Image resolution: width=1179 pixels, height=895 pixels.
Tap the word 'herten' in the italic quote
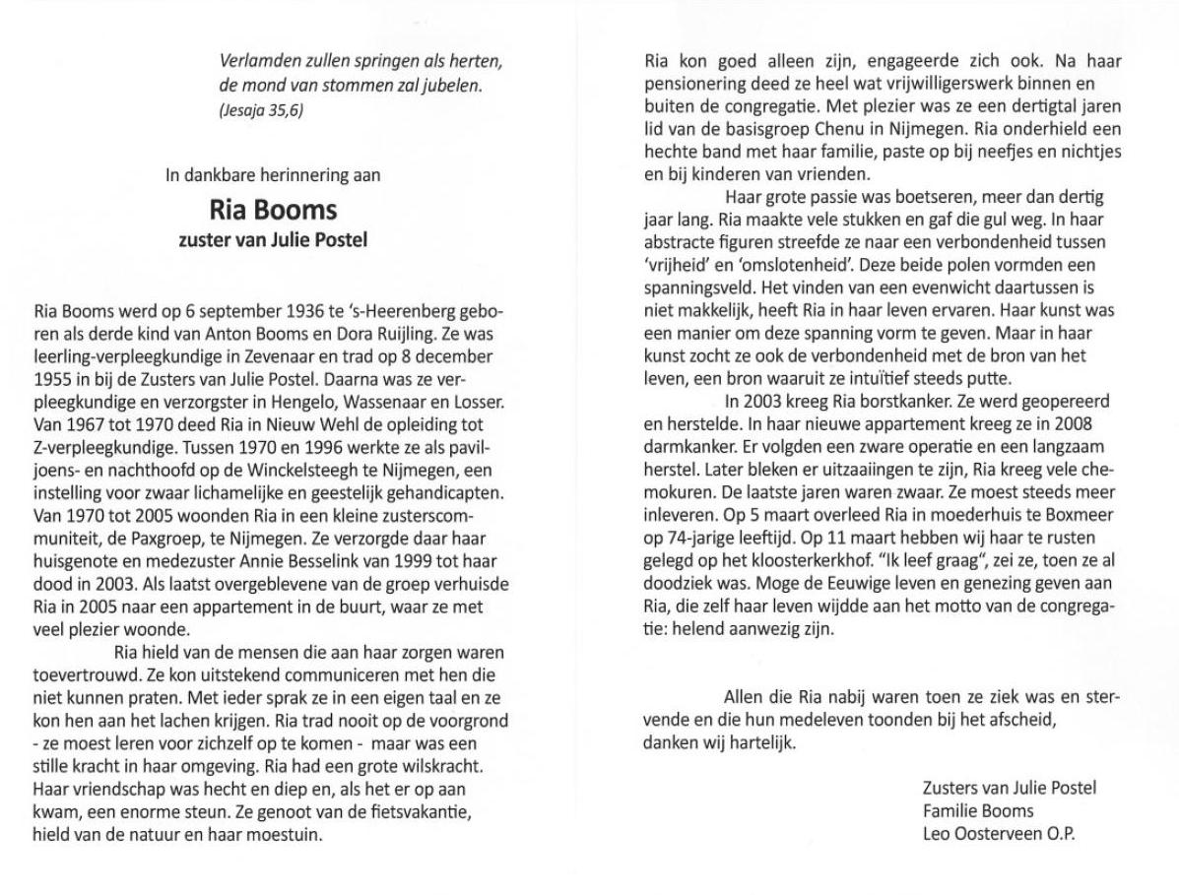tap(477, 61)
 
